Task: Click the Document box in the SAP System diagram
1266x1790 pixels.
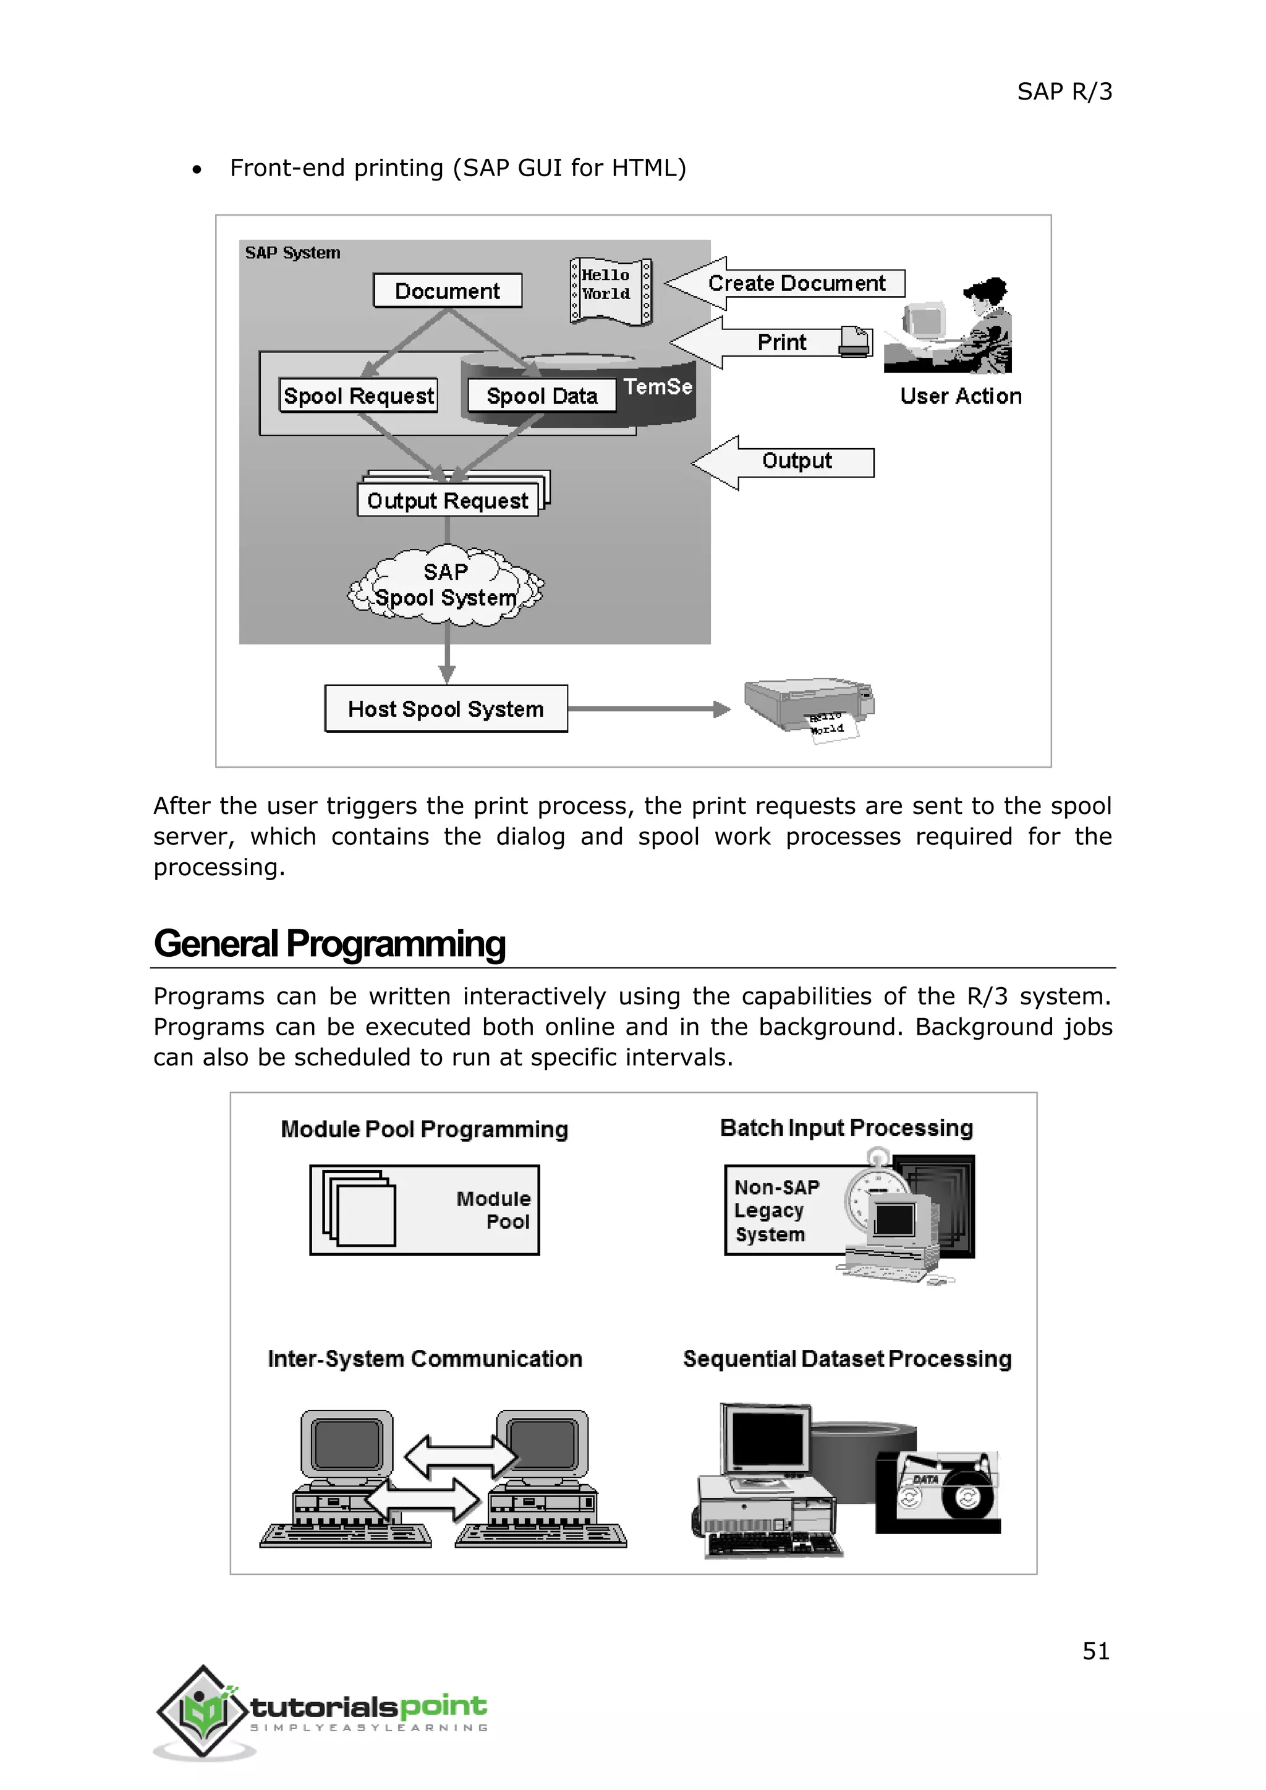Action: point(448,291)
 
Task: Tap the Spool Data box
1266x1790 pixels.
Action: point(542,396)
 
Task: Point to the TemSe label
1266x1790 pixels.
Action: point(658,387)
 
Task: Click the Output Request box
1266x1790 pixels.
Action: point(448,501)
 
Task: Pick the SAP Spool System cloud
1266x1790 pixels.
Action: point(446,585)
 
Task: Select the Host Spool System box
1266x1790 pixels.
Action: point(446,709)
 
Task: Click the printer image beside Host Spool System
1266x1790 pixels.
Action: point(809,705)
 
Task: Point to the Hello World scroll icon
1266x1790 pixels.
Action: point(610,291)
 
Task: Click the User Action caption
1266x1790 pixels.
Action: point(961,396)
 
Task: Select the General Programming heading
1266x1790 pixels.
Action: point(329,943)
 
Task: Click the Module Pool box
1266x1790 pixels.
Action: point(424,1209)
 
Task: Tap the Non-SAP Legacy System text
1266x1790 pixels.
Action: point(776,1210)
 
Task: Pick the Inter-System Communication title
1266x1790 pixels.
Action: point(425,1359)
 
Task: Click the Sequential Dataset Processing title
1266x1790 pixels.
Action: point(848,1359)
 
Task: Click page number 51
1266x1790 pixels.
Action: point(1095,1650)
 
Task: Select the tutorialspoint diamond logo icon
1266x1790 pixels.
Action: point(203,1712)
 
